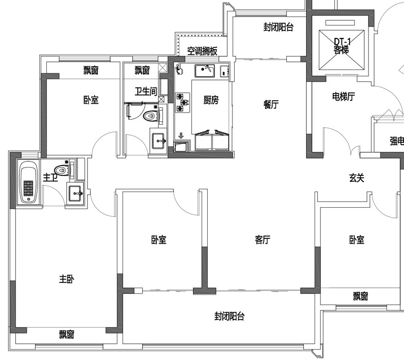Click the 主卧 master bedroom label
click(x=66, y=279)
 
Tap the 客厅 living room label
click(x=263, y=240)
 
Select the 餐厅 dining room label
click(x=271, y=105)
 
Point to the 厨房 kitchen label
click(x=211, y=100)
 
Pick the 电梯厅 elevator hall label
click(x=343, y=97)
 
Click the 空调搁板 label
click(x=202, y=52)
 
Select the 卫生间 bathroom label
click(x=146, y=91)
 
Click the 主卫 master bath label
click(x=50, y=178)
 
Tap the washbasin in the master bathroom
click(x=76, y=193)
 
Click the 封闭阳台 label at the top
click(x=278, y=27)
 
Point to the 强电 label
click(x=396, y=140)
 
